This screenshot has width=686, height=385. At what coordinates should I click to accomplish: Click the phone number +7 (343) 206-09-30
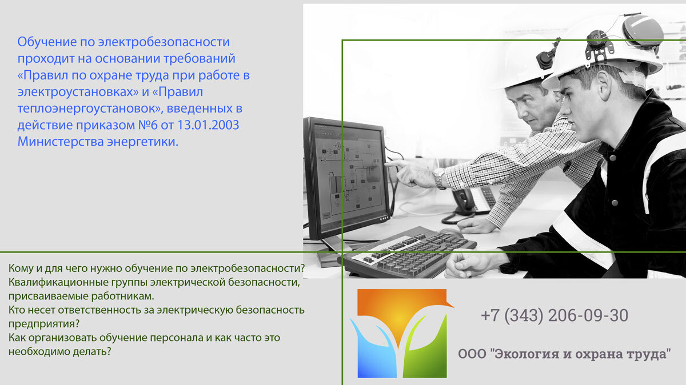click(x=554, y=315)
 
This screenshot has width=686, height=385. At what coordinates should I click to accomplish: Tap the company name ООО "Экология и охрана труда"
click(x=564, y=354)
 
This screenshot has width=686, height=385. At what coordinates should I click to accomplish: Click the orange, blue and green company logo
click(x=402, y=334)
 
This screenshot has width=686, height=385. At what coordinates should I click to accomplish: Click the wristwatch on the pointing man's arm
click(x=439, y=178)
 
